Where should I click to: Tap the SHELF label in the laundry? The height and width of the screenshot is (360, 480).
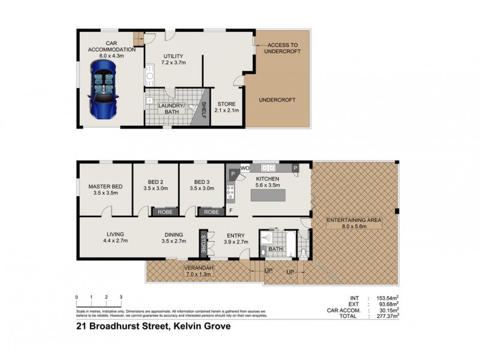204,110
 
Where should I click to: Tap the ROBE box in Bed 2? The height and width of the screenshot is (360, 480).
163,211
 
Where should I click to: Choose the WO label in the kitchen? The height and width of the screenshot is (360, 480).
245,169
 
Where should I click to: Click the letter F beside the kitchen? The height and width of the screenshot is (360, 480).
230,211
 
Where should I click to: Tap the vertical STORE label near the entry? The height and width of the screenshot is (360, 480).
203,244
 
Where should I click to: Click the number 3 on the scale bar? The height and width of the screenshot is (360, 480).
121,297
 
